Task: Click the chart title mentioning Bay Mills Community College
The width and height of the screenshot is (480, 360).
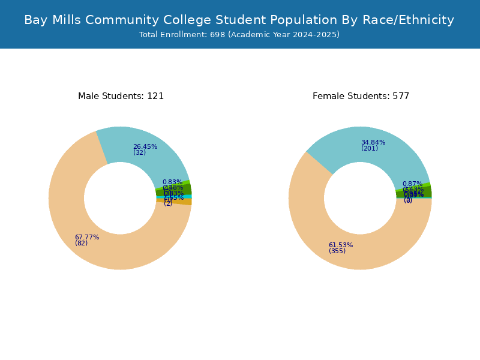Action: pyautogui.click(x=239, y=20)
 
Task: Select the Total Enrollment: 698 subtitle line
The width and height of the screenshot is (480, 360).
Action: pyautogui.click(x=239, y=35)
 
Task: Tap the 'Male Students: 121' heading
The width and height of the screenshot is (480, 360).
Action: pyautogui.click(x=121, y=96)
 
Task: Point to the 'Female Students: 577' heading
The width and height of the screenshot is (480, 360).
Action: pyautogui.click(x=361, y=96)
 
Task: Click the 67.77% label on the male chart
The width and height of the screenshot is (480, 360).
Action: pyautogui.click(x=87, y=237)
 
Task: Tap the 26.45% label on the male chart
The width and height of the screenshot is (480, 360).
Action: pyautogui.click(x=145, y=146)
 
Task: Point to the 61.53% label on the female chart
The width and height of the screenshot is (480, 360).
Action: pyautogui.click(x=341, y=245)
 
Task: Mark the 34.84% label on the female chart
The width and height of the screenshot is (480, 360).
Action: pyautogui.click(x=373, y=142)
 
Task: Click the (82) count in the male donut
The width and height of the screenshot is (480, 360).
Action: pyautogui.click(x=82, y=243)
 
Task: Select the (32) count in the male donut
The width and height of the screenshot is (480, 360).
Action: pyautogui.click(x=139, y=152)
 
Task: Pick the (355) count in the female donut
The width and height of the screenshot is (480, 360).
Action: pyautogui.click(x=337, y=251)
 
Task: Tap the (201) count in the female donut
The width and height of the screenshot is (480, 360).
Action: pyautogui.click(x=370, y=148)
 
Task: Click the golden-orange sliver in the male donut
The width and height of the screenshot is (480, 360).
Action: pyautogui.click(x=187, y=202)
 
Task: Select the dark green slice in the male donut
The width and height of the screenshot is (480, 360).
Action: pyautogui.click(x=187, y=190)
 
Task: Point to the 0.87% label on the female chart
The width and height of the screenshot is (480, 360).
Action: pyautogui.click(x=412, y=184)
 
